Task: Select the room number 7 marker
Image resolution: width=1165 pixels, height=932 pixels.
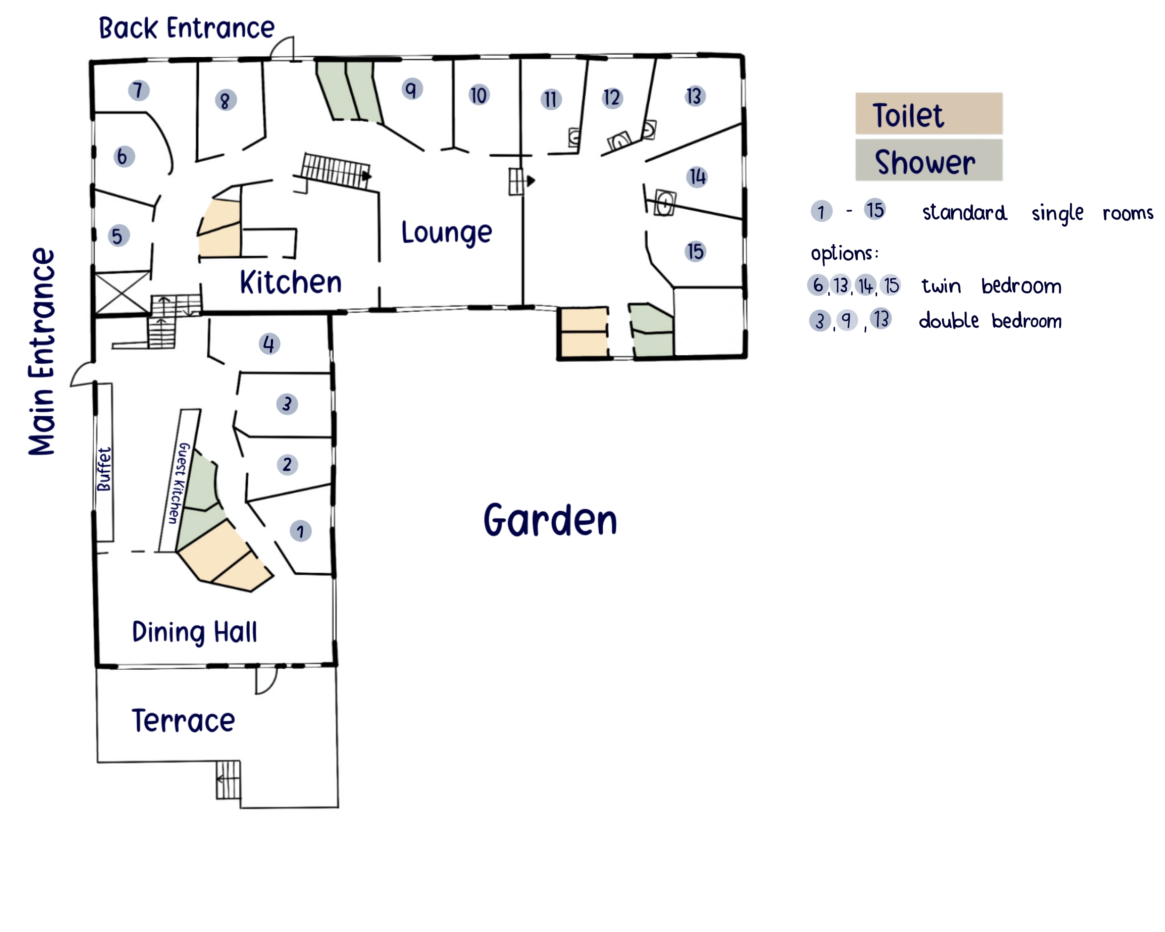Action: [138, 90]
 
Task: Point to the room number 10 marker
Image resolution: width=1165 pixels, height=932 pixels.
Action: [478, 95]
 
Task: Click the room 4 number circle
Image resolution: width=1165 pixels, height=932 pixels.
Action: [269, 344]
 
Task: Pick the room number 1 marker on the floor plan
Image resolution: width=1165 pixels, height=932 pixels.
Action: [300, 531]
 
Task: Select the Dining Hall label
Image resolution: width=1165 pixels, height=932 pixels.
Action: [195, 632]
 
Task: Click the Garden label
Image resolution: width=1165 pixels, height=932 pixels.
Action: [550, 520]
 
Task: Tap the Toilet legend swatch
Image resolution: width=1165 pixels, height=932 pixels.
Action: [929, 113]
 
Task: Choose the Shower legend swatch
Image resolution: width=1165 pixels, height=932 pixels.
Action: [929, 160]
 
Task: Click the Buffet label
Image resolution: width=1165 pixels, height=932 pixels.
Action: [104, 469]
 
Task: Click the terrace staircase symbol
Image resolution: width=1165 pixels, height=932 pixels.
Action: [228, 780]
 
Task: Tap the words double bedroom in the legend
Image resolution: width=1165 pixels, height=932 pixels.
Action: [990, 321]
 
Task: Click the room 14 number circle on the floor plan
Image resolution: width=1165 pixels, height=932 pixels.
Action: [697, 177]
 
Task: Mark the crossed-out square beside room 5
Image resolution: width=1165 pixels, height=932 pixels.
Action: [123, 293]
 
